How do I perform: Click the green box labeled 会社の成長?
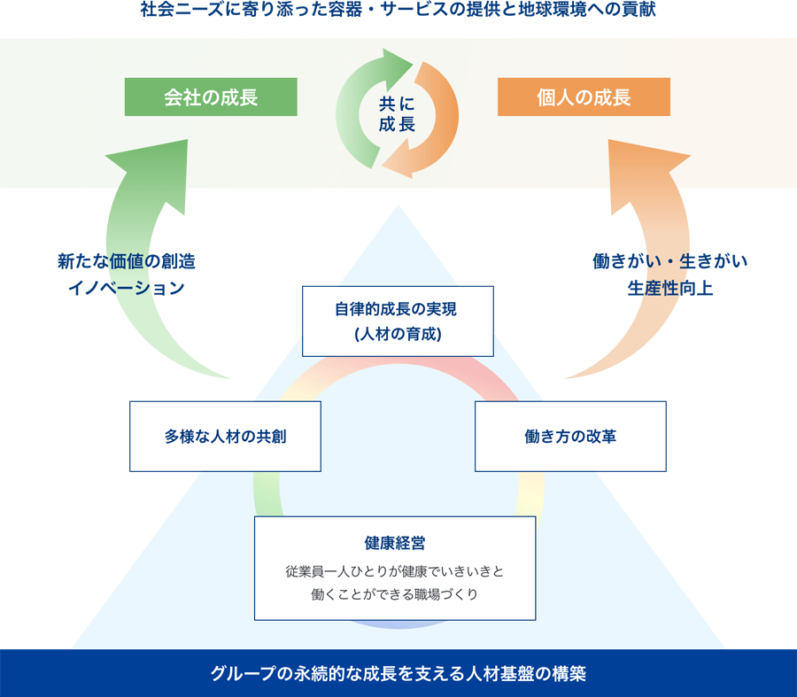[x=211, y=97]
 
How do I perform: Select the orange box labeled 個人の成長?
[x=584, y=97]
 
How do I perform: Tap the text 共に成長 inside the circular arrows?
[x=397, y=113]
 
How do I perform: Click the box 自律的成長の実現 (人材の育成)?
[x=398, y=321]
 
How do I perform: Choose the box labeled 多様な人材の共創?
[x=225, y=436]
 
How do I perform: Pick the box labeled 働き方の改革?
[x=570, y=436]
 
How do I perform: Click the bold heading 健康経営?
[x=395, y=542]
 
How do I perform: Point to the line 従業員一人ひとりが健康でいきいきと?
[x=395, y=571]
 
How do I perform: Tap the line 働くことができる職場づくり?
[x=395, y=594]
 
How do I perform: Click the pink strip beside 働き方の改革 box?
[x=677, y=436]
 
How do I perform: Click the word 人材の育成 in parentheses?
[x=398, y=334]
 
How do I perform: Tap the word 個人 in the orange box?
[x=554, y=97]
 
